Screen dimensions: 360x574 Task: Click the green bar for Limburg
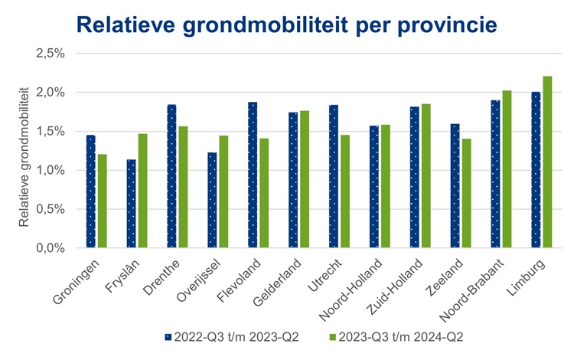tap(547, 162)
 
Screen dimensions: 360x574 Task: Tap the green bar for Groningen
tap(102, 201)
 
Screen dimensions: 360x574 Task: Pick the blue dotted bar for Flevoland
tap(253, 175)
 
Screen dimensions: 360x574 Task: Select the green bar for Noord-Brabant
tap(507, 169)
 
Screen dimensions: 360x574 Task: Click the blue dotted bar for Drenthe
tap(171, 176)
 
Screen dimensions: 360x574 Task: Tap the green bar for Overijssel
tap(223, 191)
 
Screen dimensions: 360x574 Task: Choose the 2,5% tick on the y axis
tap(51, 54)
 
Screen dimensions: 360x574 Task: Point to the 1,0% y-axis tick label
tap(51, 170)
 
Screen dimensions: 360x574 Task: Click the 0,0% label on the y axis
tap(51, 248)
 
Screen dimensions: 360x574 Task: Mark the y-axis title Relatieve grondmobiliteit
tap(24, 156)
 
